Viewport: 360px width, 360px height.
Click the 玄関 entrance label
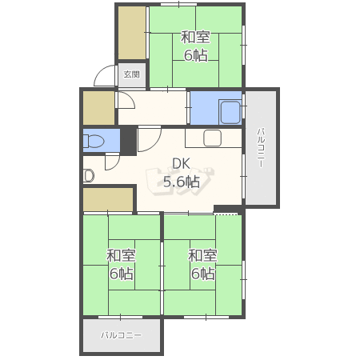[x=132, y=74]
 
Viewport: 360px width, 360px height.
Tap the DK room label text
[x=181, y=164]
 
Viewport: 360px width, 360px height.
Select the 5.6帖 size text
[x=182, y=182]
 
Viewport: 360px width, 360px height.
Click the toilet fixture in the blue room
[x=93, y=141]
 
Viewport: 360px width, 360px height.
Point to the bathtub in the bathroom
[x=230, y=112]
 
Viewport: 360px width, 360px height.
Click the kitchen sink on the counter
[x=212, y=138]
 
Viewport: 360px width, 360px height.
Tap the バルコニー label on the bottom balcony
[x=122, y=335]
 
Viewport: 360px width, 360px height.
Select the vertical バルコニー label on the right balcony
[x=261, y=148]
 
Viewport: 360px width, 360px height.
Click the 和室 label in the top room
[x=195, y=38]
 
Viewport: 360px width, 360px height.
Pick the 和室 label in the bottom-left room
[x=121, y=255]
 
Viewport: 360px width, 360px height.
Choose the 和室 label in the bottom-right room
[x=202, y=255]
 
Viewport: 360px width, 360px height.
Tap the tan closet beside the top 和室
[x=132, y=33]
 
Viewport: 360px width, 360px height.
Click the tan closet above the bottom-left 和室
[x=108, y=199]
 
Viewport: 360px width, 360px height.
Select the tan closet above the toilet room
[x=99, y=108]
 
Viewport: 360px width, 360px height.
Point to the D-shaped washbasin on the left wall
[x=88, y=176]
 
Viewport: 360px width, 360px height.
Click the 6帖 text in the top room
[x=195, y=55]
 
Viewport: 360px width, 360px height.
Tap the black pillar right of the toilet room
[x=129, y=141]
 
